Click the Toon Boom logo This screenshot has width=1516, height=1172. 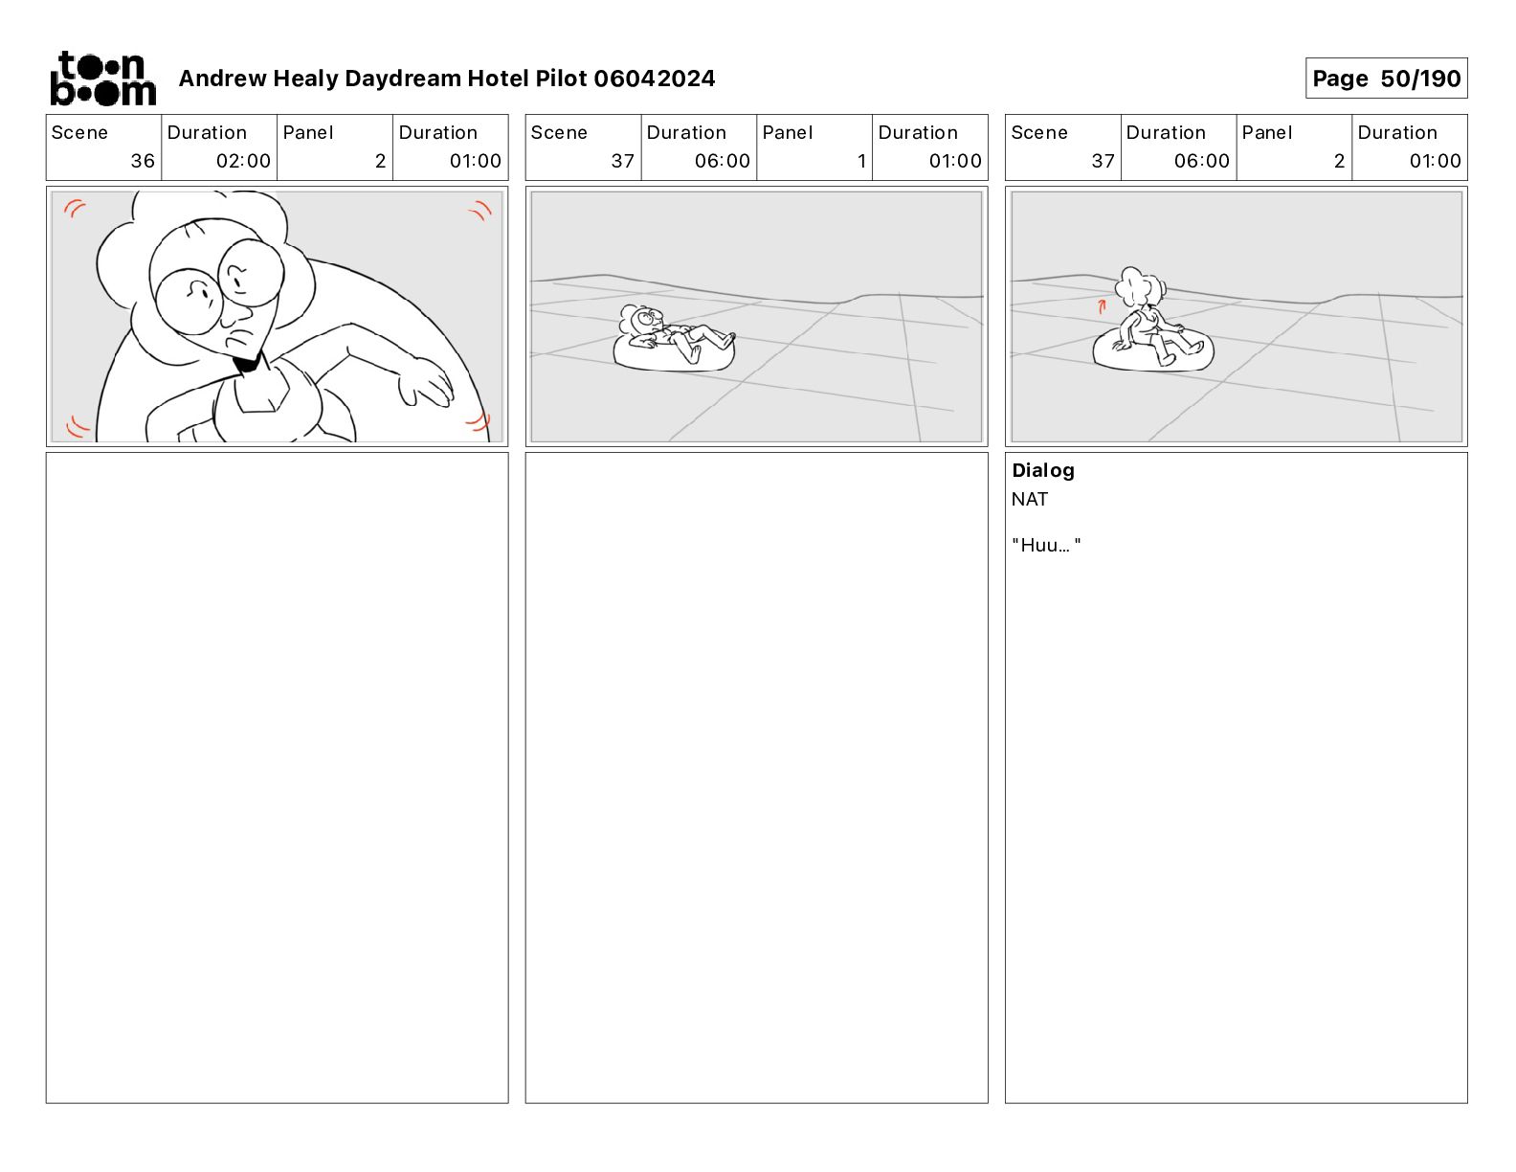point(103,79)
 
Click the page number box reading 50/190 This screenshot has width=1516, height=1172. point(1386,79)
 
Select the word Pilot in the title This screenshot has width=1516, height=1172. point(561,79)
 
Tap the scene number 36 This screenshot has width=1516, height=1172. point(143,161)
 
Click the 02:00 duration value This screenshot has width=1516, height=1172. point(243,161)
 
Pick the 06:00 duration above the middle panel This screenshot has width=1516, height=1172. point(722,161)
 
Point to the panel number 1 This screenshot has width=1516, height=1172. point(861,161)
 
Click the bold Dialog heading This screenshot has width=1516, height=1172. point(1043,470)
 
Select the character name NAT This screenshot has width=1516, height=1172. point(1029,499)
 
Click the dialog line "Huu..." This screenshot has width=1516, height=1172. point(1046,545)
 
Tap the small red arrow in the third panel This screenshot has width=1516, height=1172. point(1102,305)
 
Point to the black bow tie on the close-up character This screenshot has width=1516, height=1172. point(247,363)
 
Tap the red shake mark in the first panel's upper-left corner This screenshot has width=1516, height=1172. point(75,208)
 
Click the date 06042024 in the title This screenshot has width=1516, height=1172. point(654,79)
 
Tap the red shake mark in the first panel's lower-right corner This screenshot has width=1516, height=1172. point(479,421)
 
